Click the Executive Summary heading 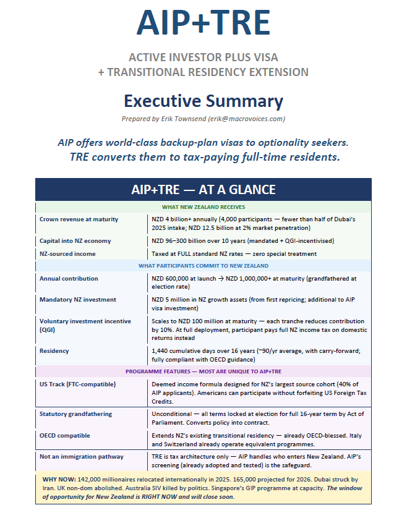[x=204, y=101]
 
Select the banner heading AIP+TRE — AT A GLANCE [x=204, y=189]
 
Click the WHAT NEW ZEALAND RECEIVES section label [x=204, y=207]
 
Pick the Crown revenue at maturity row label [x=79, y=219]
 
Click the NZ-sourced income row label [x=68, y=253]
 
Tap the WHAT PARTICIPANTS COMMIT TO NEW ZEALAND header [x=204, y=266]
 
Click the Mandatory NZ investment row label [x=78, y=300]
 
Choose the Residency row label [x=55, y=350]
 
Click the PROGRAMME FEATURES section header [x=204, y=371]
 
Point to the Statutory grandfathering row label [x=80, y=412]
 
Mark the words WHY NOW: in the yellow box [x=59, y=478]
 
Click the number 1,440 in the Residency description [x=160, y=350]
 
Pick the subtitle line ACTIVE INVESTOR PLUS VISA [x=204, y=57]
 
